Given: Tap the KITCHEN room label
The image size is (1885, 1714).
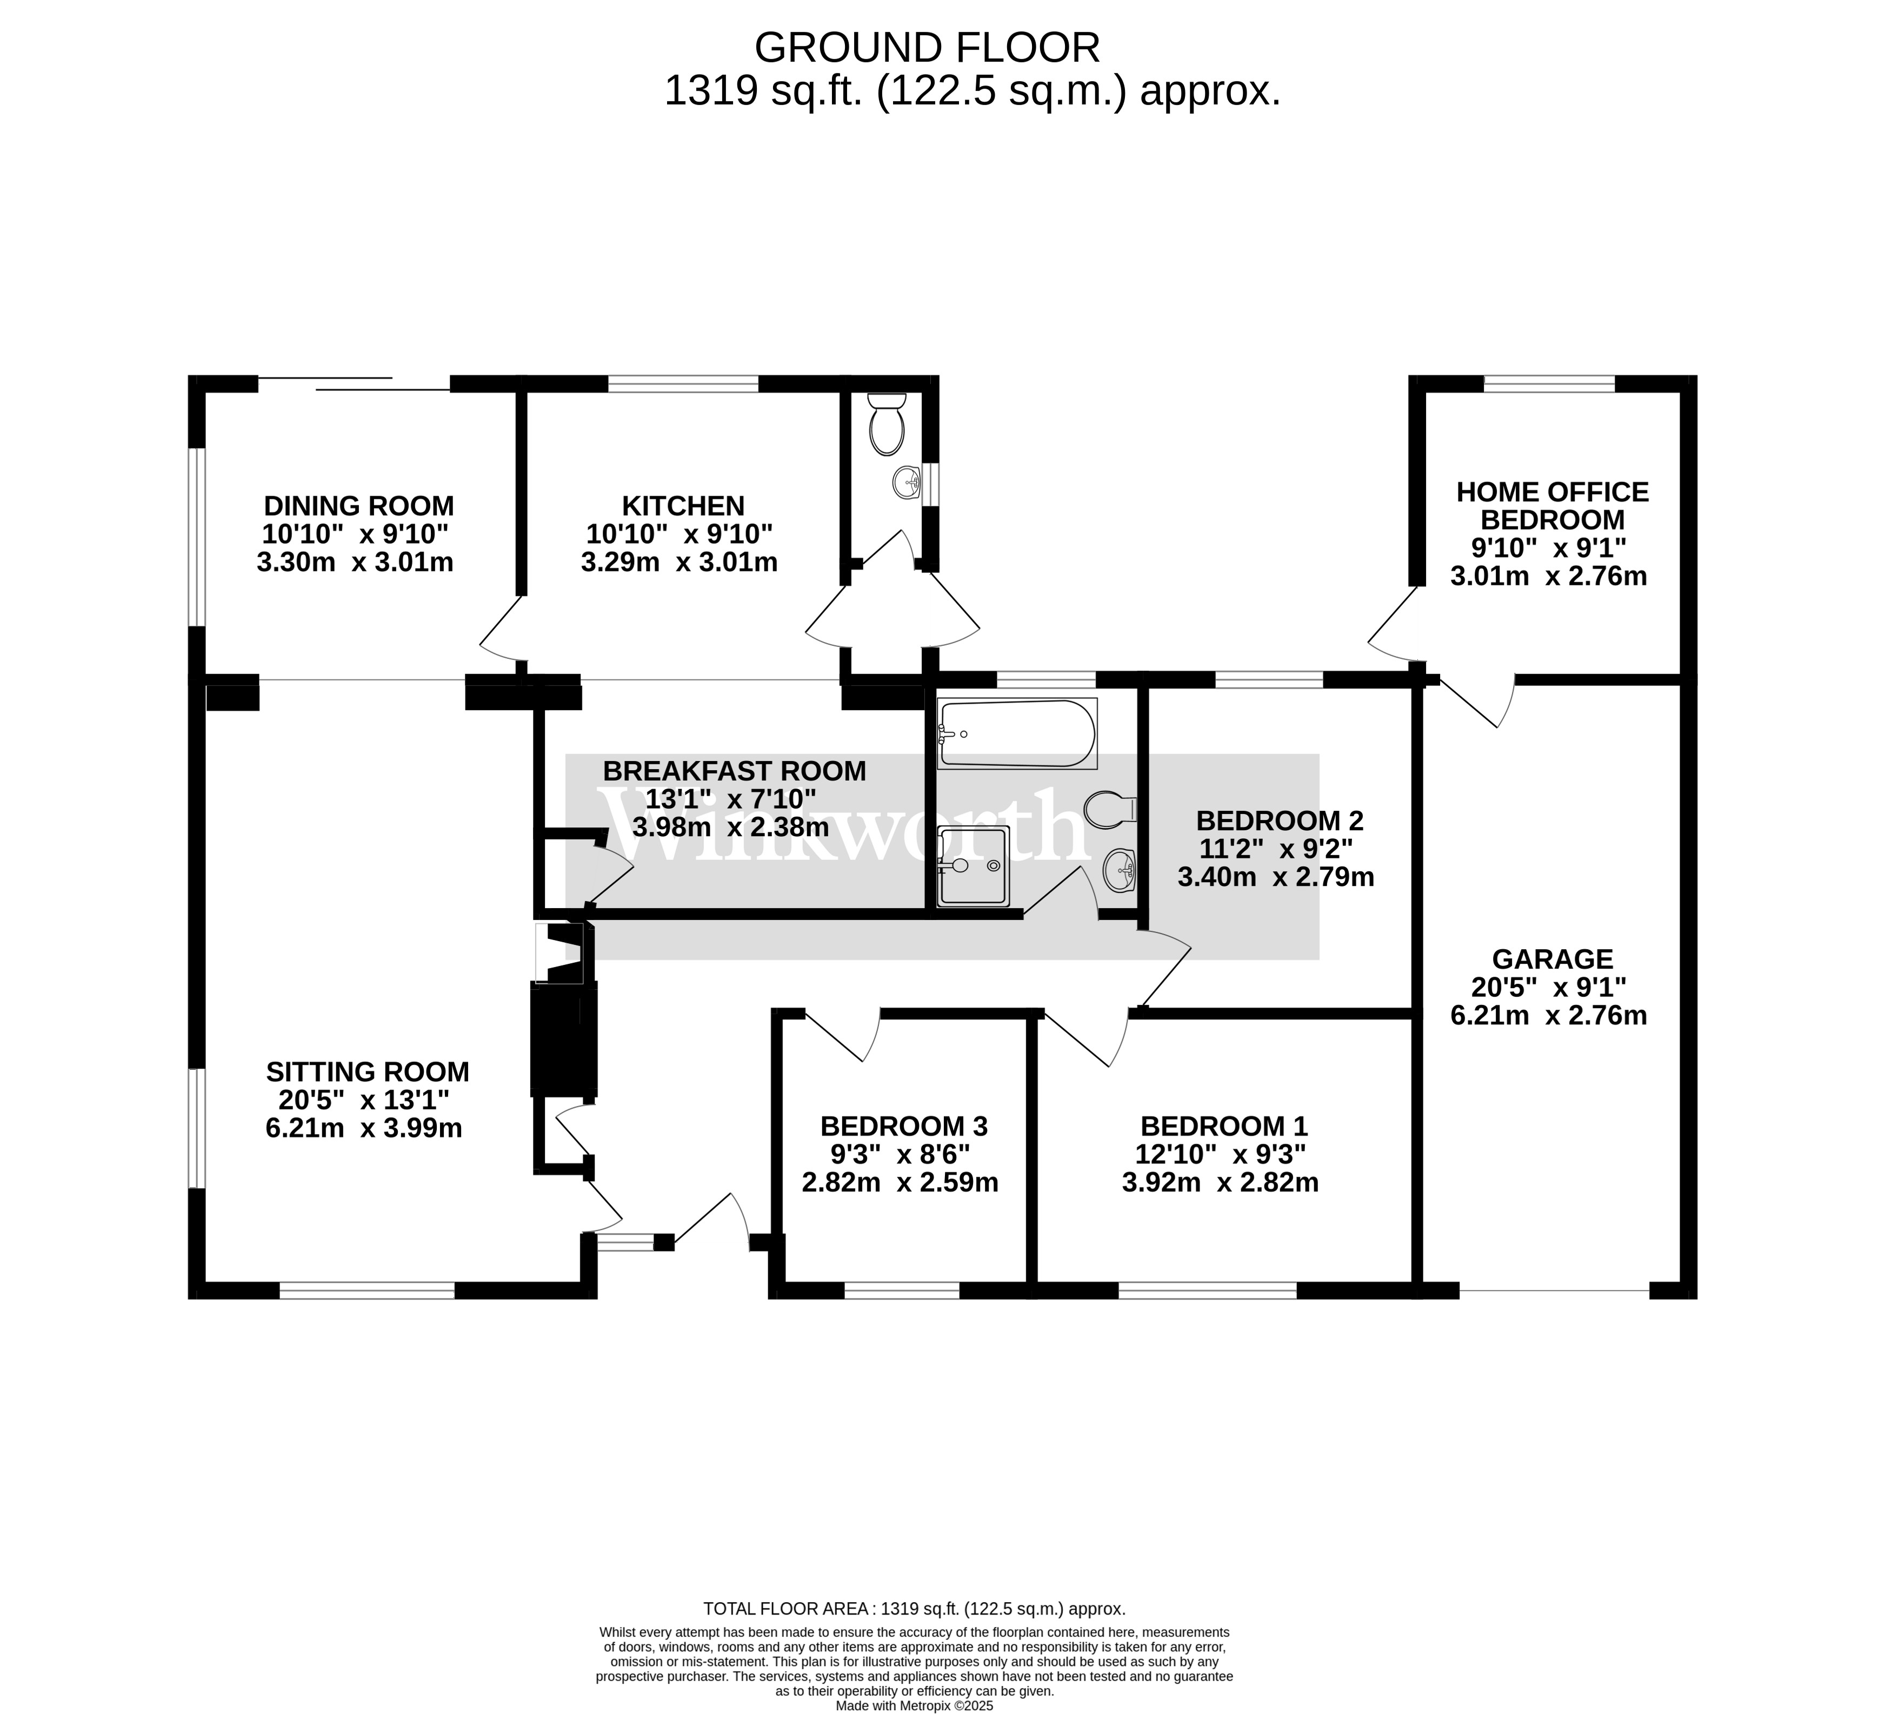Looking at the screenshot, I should click(683, 506).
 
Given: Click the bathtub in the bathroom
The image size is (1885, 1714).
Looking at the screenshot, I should click(1017, 734).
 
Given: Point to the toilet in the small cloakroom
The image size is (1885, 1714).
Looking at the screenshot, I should click(887, 425).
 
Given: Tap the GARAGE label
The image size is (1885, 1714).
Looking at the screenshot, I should click(1552, 959).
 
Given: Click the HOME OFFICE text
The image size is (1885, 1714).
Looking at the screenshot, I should click(1552, 492).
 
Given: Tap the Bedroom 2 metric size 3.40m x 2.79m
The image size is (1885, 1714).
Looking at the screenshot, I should click(1275, 877).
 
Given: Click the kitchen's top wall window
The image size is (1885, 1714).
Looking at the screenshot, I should click(683, 383).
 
